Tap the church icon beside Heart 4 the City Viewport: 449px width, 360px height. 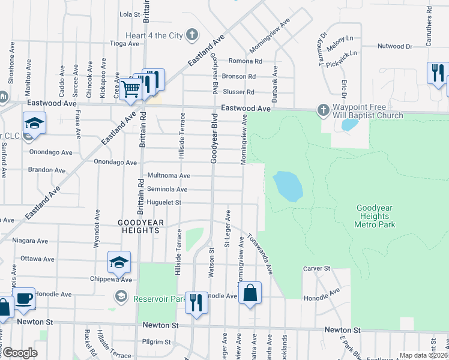point(192,35)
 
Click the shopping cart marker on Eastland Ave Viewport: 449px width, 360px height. point(130,89)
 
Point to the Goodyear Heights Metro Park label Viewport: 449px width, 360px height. point(375,216)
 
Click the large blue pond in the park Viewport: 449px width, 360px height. point(288,186)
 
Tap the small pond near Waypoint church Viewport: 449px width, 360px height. point(348,125)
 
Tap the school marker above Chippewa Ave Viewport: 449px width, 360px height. point(119,262)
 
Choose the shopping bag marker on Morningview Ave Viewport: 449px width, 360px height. point(250,294)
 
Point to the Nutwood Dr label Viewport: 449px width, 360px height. point(395,46)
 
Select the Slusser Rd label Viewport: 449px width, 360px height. point(239,92)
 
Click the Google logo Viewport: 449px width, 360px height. point(19,353)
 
